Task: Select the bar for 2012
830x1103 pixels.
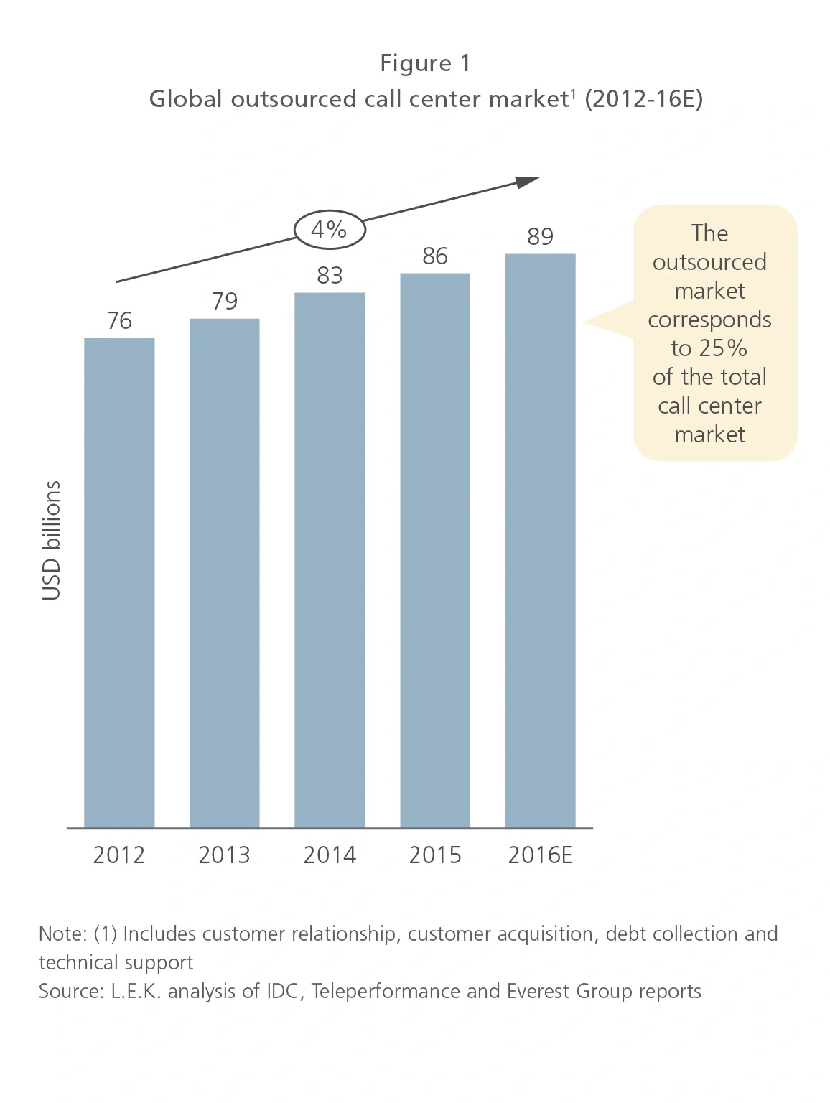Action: pyautogui.click(x=119, y=582)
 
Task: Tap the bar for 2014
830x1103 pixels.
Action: pyautogui.click(x=330, y=560)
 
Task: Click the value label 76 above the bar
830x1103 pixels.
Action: pyautogui.click(x=119, y=320)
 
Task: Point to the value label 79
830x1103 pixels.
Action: pyautogui.click(x=225, y=301)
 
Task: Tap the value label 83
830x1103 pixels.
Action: pyautogui.click(x=330, y=275)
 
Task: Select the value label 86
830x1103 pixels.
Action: pyautogui.click(x=435, y=256)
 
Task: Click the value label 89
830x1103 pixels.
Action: pyautogui.click(x=540, y=236)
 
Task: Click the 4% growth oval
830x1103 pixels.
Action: pyautogui.click(x=330, y=230)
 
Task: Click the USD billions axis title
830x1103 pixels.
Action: pyautogui.click(x=52, y=540)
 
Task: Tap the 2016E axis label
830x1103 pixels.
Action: pyautogui.click(x=540, y=855)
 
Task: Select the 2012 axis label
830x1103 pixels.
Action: pyautogui.click(x=119, y=855)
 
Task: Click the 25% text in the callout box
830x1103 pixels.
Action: pyautogui.click(x=723, y=348)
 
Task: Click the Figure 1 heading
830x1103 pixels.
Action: pyautogui.click(x=425, y=63)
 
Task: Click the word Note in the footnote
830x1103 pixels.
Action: pyautogui.click(x=62, y=934)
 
